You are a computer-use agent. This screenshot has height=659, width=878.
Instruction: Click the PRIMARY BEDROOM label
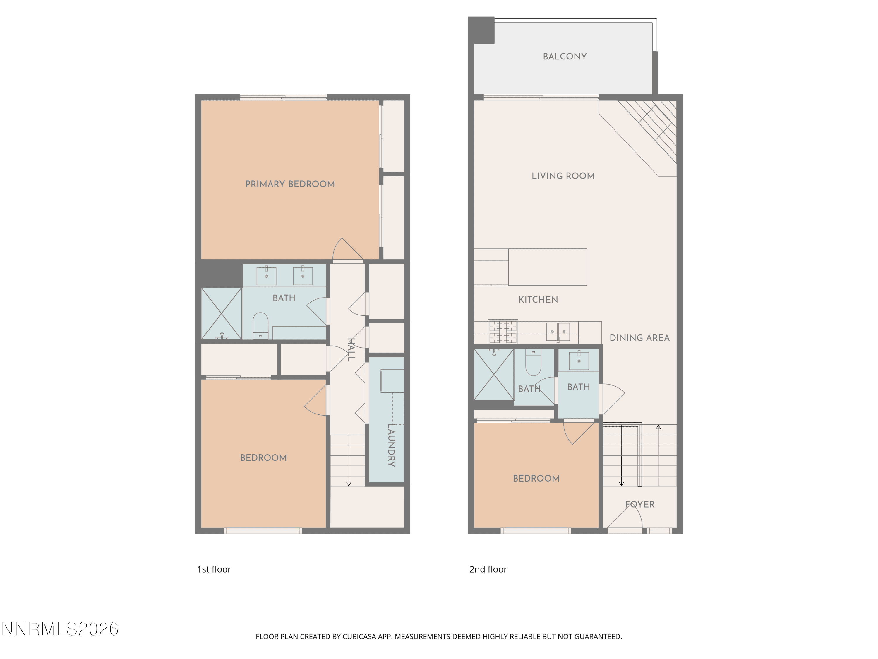(x=290, y=184)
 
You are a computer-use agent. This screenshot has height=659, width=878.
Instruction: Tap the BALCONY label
(x=565, y=57)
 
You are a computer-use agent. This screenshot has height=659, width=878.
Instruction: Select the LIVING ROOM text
(x=563, y=176)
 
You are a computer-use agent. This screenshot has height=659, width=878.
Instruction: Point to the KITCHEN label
(x=538, y=300)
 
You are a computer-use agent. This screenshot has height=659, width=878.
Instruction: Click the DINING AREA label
(x=639, y=338)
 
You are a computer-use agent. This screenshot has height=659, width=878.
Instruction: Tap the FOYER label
(x=639, y=504)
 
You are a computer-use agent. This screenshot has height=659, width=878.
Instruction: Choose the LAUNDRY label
(x=391, y=445)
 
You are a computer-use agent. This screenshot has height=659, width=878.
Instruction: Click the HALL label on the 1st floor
(x=351, y=349)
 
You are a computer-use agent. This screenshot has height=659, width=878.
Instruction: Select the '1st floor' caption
(x=214, y=569)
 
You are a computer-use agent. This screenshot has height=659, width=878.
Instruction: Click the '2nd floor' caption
(x=488, y=569)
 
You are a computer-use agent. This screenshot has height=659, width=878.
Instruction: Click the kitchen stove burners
(x=503, y=331)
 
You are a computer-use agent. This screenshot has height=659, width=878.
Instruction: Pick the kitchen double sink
(x=558, y=332)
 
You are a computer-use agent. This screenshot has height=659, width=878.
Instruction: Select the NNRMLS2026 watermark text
(x=60, y=629)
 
